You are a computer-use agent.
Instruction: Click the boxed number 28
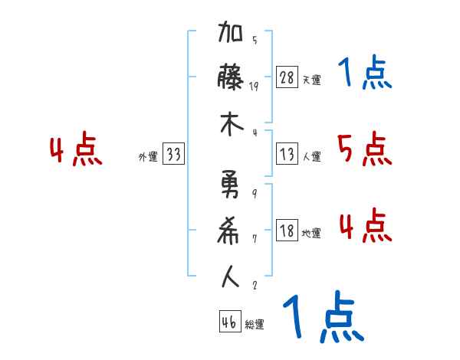(x=287, y=77)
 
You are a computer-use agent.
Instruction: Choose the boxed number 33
(x=173, y=155)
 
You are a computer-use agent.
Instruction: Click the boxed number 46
(x=228, y=322)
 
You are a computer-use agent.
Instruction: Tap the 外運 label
(x=147, y=157)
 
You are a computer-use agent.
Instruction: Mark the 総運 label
(x=255, y=325)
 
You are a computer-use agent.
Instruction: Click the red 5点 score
(x=365, y=149)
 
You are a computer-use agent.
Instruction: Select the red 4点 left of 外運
(x=77, y=150)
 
